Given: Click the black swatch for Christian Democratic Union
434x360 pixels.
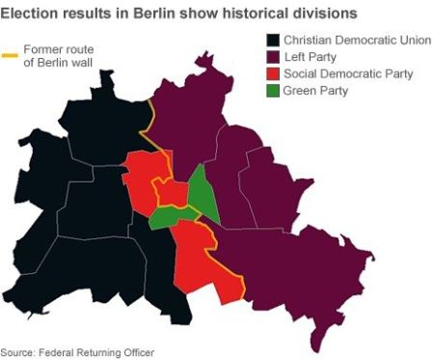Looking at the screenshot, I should point(273,40).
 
